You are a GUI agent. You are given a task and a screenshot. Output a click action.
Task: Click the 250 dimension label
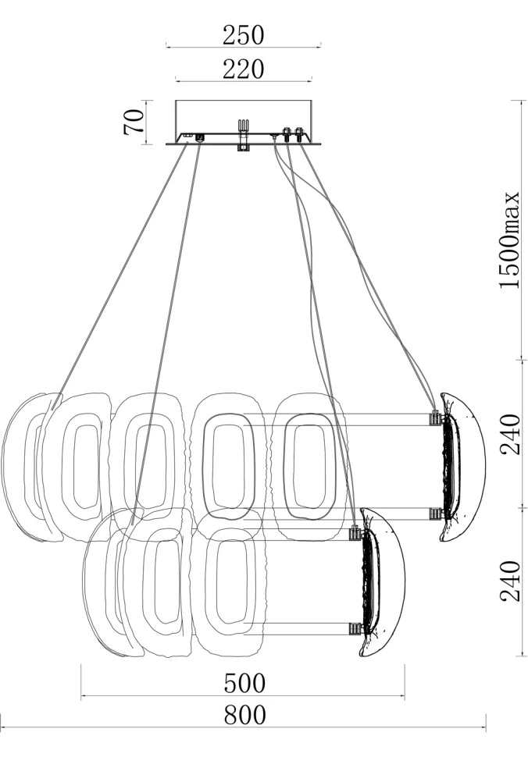244,35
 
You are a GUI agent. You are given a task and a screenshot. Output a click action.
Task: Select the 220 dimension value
244,69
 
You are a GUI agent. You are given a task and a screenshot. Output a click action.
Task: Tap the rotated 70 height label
134,123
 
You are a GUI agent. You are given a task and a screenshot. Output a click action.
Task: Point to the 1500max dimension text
510,240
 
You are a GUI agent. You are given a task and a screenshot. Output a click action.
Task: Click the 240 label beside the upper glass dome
511,434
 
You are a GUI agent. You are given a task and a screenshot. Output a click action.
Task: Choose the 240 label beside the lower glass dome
511,581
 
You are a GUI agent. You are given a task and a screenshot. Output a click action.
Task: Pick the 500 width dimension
244,683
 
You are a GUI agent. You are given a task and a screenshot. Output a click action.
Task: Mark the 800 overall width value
244,715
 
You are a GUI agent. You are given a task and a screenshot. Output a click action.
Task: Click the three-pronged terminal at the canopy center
243,125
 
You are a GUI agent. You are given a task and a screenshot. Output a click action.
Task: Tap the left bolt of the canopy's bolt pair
287,134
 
